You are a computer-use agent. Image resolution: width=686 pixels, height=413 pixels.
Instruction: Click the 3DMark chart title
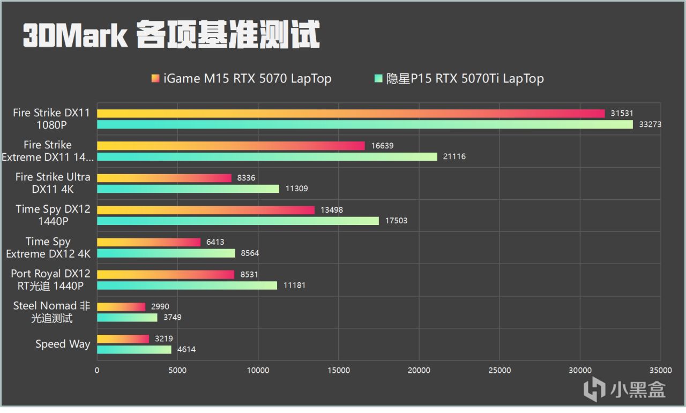(171, 36)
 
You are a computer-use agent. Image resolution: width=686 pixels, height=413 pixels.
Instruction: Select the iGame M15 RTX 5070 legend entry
(242, 79)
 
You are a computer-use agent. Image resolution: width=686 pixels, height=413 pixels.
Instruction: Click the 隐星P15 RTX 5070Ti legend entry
(459, 79)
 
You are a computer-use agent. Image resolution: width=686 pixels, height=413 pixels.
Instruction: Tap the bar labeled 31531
(351, 114)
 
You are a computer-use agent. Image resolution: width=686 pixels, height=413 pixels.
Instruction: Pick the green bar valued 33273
(364, 125)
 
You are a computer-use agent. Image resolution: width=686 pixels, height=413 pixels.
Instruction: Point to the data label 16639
(383, 146)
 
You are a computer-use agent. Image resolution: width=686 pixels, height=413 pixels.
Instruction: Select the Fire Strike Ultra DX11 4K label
(53, 183)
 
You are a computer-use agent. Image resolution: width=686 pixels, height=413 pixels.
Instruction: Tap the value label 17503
(396, 221)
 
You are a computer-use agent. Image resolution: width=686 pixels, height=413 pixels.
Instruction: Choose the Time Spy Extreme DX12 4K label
(48, 247)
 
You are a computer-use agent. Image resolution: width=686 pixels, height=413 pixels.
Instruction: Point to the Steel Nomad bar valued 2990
(121, 307)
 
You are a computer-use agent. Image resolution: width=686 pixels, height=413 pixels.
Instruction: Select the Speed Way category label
(62, 344)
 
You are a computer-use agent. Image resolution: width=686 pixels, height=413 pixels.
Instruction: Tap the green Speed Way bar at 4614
(134, 350)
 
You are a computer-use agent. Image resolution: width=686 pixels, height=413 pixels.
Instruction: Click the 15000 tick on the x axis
(338, 370)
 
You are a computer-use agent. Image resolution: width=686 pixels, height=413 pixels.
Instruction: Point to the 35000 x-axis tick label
(660, 370)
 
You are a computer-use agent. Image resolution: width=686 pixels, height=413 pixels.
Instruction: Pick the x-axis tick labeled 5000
(177, 370)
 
